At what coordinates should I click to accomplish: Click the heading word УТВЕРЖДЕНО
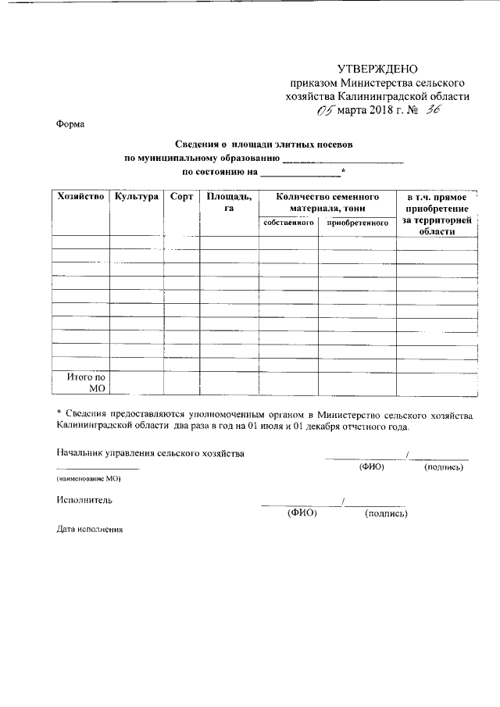coord(378,69)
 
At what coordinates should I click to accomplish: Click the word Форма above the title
coord(71,123)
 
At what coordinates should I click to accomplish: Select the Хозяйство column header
coord(80,197)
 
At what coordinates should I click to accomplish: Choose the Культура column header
coord(137,197)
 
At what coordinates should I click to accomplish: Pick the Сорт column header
coord(181,197)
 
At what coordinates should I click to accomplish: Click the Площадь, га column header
coord(229,202)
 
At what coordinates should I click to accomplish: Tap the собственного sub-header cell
coord(289,223)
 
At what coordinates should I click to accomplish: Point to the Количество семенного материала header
coord(327,202)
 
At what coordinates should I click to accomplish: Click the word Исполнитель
coord(84,498)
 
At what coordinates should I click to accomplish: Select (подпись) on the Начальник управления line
coord(444,467)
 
